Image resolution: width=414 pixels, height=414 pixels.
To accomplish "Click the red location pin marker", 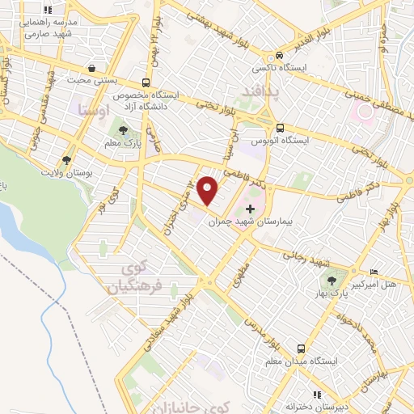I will tap(209, 190).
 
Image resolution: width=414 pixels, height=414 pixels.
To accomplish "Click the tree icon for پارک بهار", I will tap(331, 280).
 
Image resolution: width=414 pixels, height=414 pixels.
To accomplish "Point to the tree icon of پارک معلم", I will tap(123, 129).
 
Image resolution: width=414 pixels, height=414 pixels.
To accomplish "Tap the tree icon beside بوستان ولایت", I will tap(66, 161).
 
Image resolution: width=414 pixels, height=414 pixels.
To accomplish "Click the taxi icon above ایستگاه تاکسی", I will tap(278, 56).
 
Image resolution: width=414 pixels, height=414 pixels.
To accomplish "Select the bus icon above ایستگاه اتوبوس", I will tap(280, 128).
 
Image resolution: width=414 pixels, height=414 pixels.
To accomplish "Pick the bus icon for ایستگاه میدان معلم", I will tap(300, 349).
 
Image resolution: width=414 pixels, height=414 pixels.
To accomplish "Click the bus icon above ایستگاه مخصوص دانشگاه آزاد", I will tap(146, 82).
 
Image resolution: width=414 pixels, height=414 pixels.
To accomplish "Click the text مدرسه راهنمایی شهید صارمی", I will tap(46, 28).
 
